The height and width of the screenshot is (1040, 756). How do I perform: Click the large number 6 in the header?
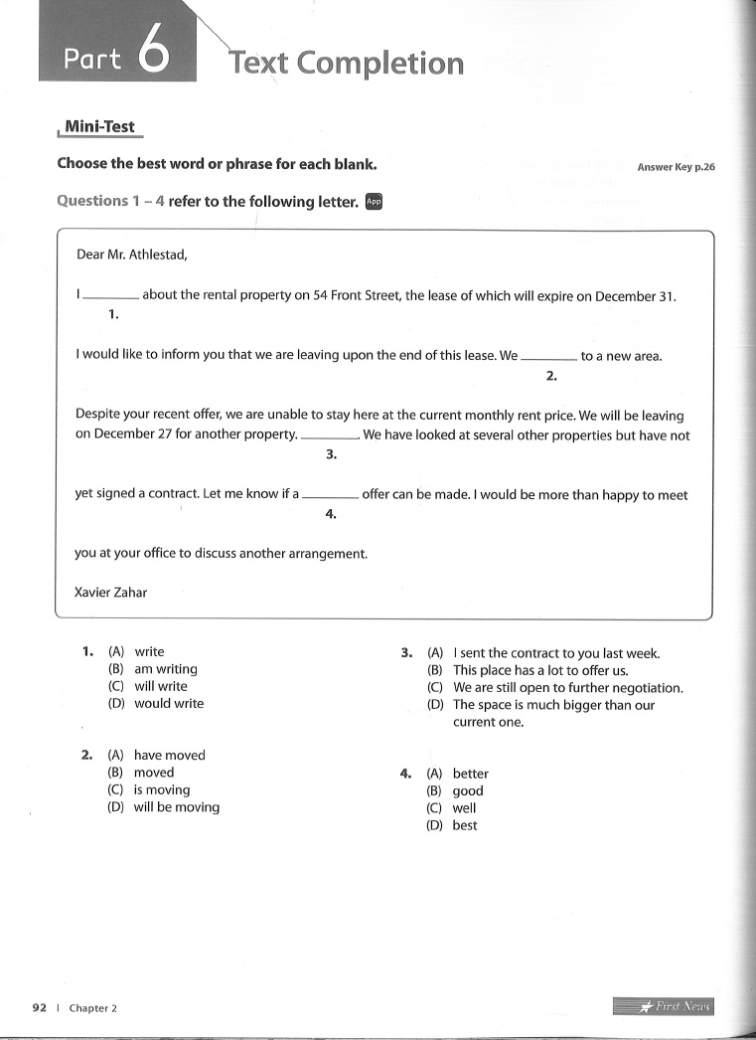[x=156, y=55]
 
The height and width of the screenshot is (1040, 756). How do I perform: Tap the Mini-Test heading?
[x=99, y=127]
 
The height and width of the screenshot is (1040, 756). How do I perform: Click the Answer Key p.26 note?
[x=676, y=167]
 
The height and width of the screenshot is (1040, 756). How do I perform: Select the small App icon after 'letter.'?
[x=374, y=201]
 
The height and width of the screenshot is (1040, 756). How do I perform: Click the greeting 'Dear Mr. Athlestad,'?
[x=131, y=255]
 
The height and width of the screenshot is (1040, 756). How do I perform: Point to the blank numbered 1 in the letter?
[x=111, y=296]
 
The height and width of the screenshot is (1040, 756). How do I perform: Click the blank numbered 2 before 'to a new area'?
[x=548, y=357]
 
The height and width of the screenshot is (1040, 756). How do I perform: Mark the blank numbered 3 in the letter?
[x=329, y=436]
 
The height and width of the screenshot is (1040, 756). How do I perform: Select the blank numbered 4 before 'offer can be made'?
[x=330, y=495]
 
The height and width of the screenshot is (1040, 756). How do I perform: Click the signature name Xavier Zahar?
[x=111, y=593]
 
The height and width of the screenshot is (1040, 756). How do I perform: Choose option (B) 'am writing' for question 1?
[x=165, y=669]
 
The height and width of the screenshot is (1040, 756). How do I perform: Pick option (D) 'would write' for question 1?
[x=168, y=703]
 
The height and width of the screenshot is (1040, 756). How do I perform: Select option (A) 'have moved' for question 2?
[x=169, y=756]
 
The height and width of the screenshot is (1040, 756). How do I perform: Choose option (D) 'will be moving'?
[x=176, y=807]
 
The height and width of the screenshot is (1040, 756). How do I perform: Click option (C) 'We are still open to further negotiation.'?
[x=567, y=688]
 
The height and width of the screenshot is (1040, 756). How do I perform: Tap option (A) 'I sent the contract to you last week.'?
[x=555, y=653]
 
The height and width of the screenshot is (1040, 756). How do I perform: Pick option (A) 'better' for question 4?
[x=470, y=774]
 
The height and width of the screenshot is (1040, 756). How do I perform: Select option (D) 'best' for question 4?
[x=464, y=825]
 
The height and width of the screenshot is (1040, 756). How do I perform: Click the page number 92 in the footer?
[x=40, y=1007]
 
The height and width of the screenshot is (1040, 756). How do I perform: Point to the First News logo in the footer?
[x=663, y=1006]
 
